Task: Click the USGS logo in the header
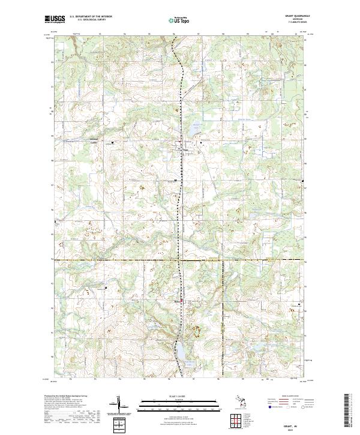[55, 19]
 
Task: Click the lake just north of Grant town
[193, 128]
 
